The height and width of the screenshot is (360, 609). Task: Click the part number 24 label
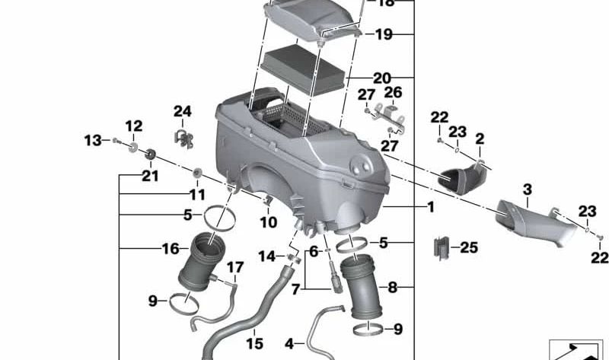coord(182,111)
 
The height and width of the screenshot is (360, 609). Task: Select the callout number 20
coord(381,78)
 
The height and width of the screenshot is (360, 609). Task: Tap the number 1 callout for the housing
coord(430,207)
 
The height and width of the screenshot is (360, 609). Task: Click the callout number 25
coord(469,247)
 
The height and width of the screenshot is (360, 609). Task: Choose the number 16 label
coord(170,249)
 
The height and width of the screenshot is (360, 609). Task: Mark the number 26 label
coord(393,92)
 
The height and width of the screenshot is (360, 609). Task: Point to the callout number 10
coord(268,223)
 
